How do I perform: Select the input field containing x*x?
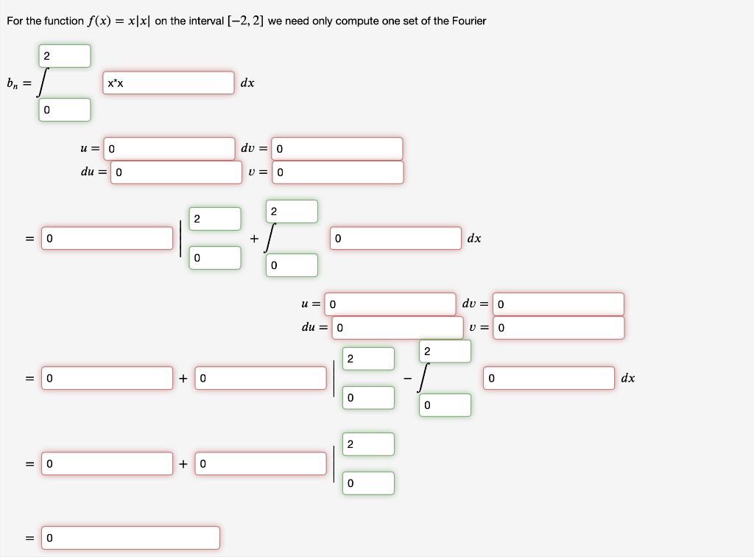coord(169,83)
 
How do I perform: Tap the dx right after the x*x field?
coord(247,83)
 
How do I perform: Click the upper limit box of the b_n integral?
coord(65,56)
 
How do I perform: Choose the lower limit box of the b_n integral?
coord(65,110)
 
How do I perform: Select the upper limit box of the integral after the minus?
coord(446,351)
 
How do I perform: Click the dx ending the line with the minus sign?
coord(627,378)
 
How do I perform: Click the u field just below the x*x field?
coord(169,149)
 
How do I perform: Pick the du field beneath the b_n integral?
coord(176,172)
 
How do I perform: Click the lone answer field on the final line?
coord(130,538)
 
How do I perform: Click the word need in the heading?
coord(295,21)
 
